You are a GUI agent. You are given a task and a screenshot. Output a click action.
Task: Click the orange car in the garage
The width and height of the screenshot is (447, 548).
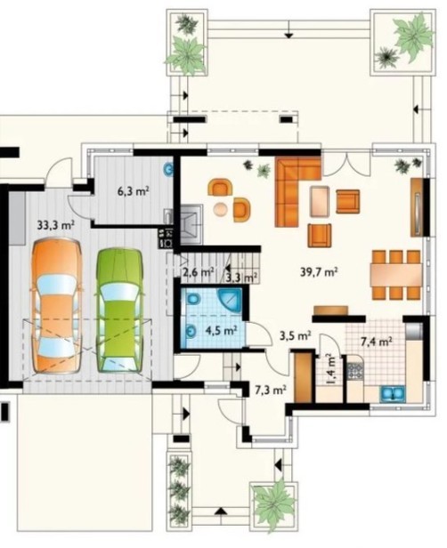click(x=57, y=305)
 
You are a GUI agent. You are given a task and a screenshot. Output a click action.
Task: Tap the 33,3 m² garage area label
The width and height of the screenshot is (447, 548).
click(x=56, y=224)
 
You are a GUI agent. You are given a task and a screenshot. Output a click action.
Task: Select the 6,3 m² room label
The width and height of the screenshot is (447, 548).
click(x=134, y=191)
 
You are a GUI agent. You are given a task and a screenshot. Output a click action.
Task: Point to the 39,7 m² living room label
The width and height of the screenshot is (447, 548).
click(x=319, y=271)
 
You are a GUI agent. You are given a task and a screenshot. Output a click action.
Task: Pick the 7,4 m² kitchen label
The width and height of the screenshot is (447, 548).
click(x=376, y=341)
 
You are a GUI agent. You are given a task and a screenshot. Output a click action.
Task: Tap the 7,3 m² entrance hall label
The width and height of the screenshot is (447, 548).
click(x=271, y=390)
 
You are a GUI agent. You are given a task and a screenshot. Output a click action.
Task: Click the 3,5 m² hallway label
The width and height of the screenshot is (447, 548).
click(x=296, y=335)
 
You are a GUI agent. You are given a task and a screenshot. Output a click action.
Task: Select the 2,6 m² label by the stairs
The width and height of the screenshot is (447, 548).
click(x=198, y=272)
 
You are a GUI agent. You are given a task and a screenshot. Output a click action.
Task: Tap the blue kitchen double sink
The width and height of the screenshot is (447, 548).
click(x=393, y=394)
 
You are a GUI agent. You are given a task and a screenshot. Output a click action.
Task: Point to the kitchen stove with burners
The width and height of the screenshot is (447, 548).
click(x=355, y=371)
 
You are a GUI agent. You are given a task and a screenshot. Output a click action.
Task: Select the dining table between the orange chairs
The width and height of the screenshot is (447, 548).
click(x=396, y=274)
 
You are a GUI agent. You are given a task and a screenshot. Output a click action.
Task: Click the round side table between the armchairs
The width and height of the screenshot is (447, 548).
click(x=221, y=209)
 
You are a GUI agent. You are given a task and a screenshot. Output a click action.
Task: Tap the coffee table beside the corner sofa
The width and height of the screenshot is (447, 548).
click(x=319, y=201)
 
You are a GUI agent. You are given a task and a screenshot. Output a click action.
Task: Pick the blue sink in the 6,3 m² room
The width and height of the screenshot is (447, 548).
click(x=169, y=169)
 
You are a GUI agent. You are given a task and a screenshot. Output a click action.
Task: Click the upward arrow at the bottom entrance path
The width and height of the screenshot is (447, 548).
click(x=220, y=512)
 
